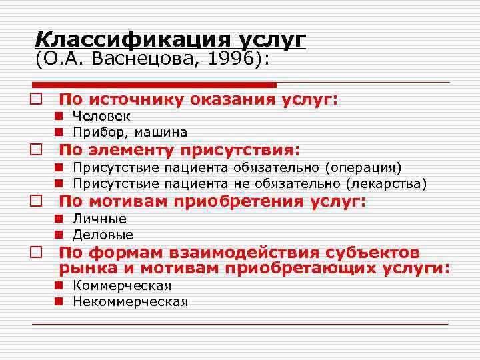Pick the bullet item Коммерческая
pyautogui.click(x=122, y=285)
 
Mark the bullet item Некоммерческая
pyautogui.click(x=131, y=301)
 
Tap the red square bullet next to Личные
pyautogui.click(x=59, y=219)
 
